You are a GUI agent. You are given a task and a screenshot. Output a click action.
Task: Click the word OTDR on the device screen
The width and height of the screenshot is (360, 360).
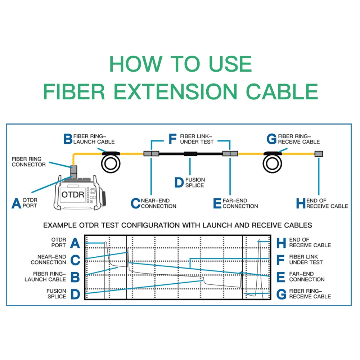(72, 195)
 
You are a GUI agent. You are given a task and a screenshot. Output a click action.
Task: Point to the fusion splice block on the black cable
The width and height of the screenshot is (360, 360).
(190, 154)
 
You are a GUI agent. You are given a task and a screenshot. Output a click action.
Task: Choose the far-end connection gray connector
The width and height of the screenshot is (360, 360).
(230, 154)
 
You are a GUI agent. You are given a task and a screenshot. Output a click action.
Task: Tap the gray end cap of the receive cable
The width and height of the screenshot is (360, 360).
(319, 154)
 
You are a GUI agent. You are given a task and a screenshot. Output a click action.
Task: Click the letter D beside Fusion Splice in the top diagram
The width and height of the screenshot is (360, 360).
(179, 182)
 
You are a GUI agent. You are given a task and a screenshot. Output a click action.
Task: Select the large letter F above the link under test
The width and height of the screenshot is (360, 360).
(173, 139)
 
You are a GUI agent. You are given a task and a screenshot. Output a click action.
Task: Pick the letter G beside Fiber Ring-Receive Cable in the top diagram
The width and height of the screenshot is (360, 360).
(272, 139)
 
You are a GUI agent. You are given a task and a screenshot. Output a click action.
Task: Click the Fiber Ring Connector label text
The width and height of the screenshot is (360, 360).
(29, 162)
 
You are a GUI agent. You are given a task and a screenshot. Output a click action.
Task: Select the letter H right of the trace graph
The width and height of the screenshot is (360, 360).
(282, 243)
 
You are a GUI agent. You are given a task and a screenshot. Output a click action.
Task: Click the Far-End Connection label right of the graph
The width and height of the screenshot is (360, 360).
(306, 276)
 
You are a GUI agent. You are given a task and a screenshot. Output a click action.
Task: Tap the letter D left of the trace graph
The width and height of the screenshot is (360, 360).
(75, 294)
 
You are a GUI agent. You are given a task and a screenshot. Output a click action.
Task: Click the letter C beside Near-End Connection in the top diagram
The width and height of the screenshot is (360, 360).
(135, 203)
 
